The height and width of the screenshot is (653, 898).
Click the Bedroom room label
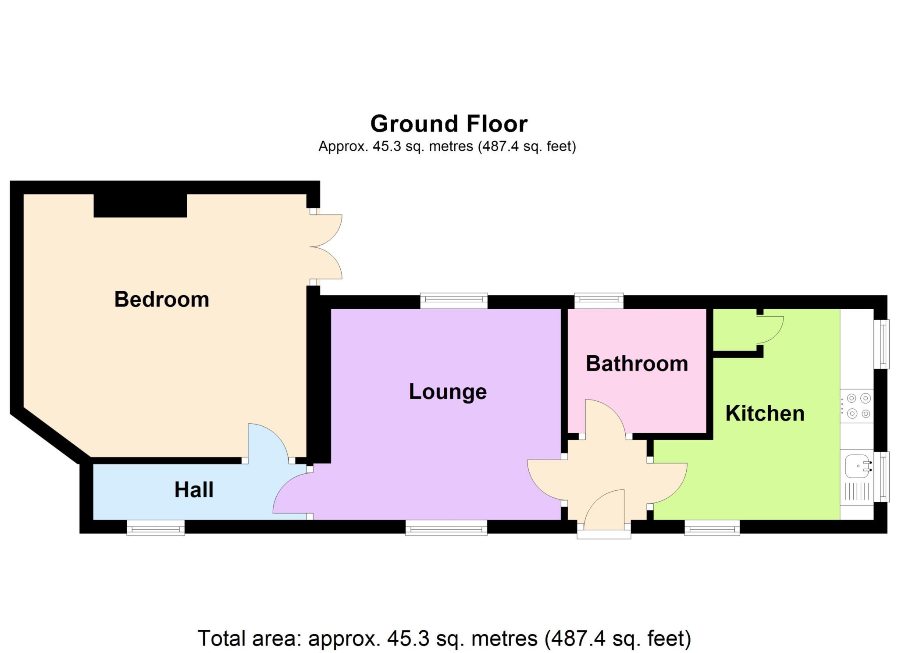(161, 300)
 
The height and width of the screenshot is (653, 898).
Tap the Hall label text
(194, 490)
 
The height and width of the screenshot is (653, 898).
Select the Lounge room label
(448, 392)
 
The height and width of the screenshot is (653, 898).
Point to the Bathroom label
(637, 364)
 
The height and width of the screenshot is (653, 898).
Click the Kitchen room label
(765, 414)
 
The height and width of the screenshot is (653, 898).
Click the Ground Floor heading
(449, 124)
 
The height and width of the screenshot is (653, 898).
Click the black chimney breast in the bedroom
(140, 206)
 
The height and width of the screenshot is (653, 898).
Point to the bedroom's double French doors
(327, 247)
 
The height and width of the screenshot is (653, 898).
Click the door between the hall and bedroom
(267, 443)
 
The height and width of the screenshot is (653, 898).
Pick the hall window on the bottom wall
(156, 528)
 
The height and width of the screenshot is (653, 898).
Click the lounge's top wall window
(454, 301)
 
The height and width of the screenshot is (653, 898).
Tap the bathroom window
(599, 301)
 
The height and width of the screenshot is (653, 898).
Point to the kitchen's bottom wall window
(712, 528)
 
